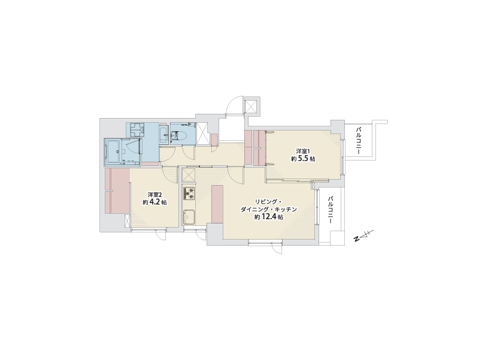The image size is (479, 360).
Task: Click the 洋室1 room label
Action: [x=303, y=152]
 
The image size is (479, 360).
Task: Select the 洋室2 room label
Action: [x=154, y=195]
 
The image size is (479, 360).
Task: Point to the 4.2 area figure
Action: [x=155, y=202]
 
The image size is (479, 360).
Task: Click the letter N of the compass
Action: [x=356, y=239]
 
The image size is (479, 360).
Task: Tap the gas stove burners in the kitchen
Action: [x=189, y=193]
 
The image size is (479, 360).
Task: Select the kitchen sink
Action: [x=189, y=217]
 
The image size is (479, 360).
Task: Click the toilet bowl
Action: [x=177, y=136]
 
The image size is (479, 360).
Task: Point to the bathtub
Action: [x=113, y=152]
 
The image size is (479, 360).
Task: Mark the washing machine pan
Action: [x=137, y=130]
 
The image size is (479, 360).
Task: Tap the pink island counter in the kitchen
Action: [x=217, y=204]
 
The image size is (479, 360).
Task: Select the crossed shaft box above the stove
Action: [x=189, y=175]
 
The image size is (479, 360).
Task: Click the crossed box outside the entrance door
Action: [x=252, y=106]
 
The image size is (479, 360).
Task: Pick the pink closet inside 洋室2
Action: [x=117, y=191]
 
